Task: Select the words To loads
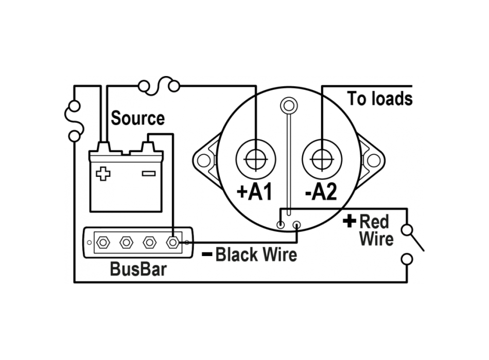(x=380, y=99)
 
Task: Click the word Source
(x=138, y=118)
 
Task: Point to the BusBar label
(x=138, y=269)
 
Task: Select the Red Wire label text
(x=376, y=230)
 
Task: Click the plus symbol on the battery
(x=103, y=173)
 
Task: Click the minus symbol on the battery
(x=148, y=173)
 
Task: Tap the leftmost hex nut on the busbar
(x=101, y=242)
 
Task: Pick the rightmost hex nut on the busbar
(x=173, y=242)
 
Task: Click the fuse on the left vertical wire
(x=74, y=121)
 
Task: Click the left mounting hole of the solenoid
(x=204, y=160)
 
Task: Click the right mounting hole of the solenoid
(x=374, y=160)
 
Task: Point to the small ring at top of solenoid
(x=288, y=106)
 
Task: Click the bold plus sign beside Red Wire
(x=350, y=222)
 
